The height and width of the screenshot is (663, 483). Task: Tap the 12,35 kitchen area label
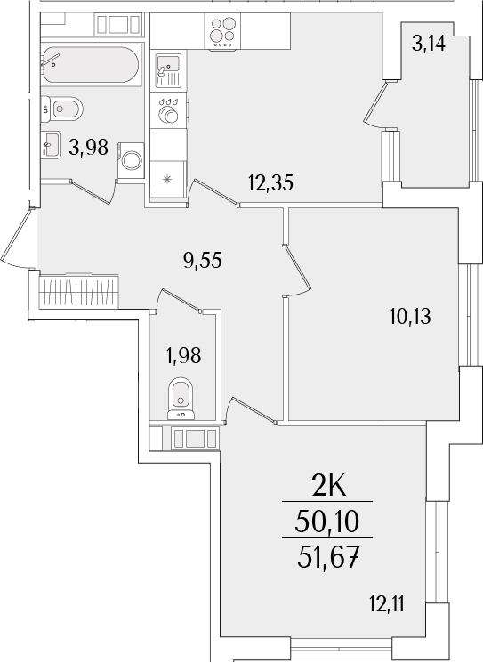(270, 184)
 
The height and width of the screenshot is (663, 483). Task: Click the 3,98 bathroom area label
(88, 149)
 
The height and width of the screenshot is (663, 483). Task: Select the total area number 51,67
(326, 559)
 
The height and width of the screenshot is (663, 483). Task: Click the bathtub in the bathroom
(88, 65)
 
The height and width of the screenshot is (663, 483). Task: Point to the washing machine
(132, 161)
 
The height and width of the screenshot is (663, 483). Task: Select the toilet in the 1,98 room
(181, 396)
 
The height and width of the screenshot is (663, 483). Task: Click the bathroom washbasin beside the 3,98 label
(51, 143)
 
